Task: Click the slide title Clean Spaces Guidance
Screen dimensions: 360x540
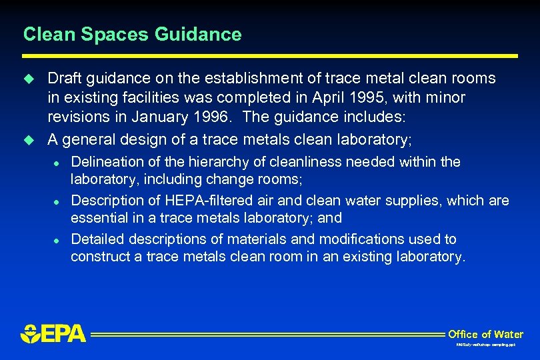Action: (x=132, y=34)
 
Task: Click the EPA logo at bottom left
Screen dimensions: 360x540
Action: (x=53, y=333)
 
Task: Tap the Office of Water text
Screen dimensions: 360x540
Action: (x=485, y=334)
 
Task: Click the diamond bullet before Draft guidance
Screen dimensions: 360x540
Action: (x=28, y=79)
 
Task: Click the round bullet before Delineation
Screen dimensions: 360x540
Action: (x=57, y=163)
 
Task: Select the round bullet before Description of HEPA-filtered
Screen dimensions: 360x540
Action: (x=57, y=201)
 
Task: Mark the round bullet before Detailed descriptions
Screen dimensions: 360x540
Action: (x=57, y=240)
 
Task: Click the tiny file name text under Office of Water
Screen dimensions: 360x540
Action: (x=485, y=345)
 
